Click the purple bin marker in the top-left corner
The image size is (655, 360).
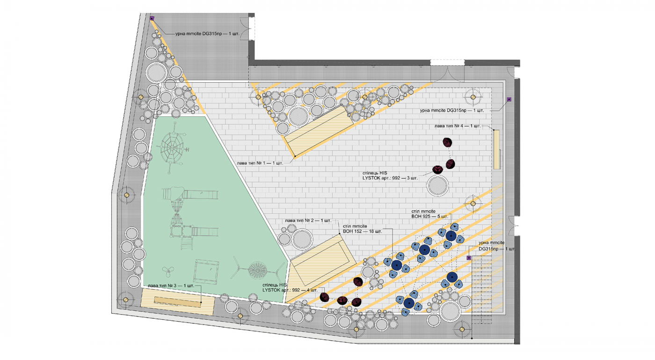152,18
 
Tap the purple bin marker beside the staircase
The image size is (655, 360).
469,258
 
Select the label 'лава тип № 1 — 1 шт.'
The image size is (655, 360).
260,163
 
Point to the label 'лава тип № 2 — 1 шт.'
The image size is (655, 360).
308,220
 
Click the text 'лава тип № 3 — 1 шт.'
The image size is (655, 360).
171,286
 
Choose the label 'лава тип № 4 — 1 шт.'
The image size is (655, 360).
458,126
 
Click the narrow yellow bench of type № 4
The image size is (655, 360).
497,149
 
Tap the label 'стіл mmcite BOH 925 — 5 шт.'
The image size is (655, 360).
429,214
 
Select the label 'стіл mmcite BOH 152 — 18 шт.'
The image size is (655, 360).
362,229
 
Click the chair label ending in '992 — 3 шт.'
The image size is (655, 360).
390,176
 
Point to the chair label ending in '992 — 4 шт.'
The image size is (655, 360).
290,288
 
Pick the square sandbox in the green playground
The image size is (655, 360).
206,272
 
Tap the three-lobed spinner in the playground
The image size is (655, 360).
168,272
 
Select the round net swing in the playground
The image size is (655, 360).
258,271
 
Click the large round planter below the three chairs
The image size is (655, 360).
437,185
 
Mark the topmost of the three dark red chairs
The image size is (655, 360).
447,142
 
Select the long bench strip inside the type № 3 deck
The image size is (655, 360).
177,302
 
